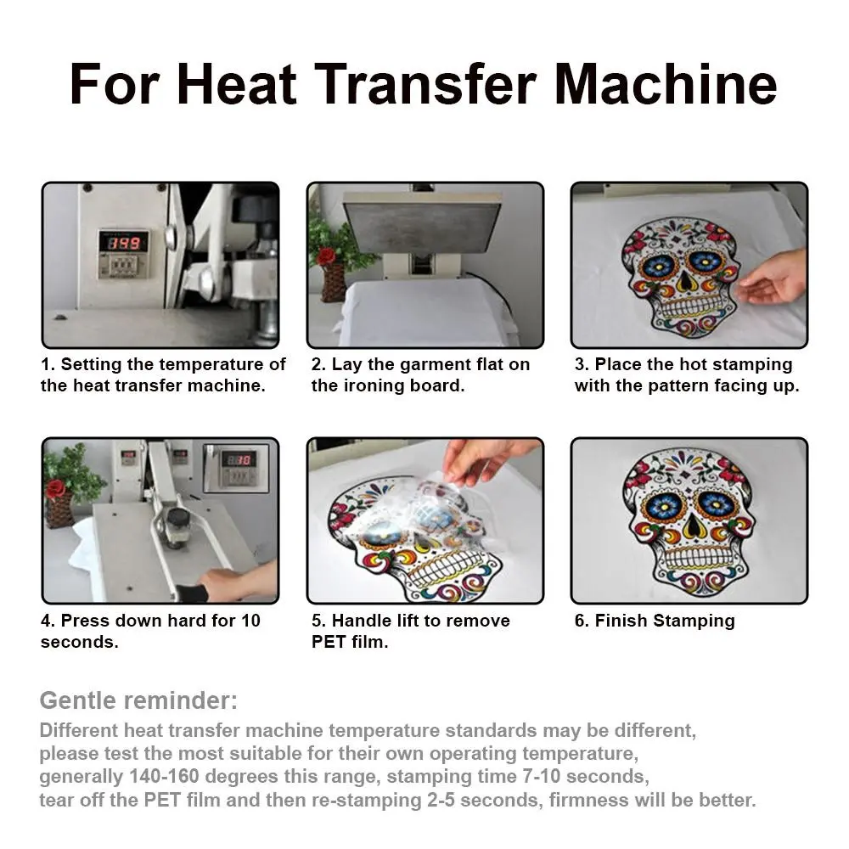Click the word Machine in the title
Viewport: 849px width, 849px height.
tap(666, 84)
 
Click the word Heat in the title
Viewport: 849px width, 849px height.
tap(237, 84)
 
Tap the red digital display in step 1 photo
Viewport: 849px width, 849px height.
tap(123, 242)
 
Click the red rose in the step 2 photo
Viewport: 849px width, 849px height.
tap(325, 255)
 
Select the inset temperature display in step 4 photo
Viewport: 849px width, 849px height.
tap(236, 468)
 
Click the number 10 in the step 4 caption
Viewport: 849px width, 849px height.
tap(250, 621)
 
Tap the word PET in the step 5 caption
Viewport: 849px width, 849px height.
tap(329, 642)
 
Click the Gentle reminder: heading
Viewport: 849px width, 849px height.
tap(138, 700)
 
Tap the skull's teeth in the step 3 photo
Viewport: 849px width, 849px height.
tap(686, 309)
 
